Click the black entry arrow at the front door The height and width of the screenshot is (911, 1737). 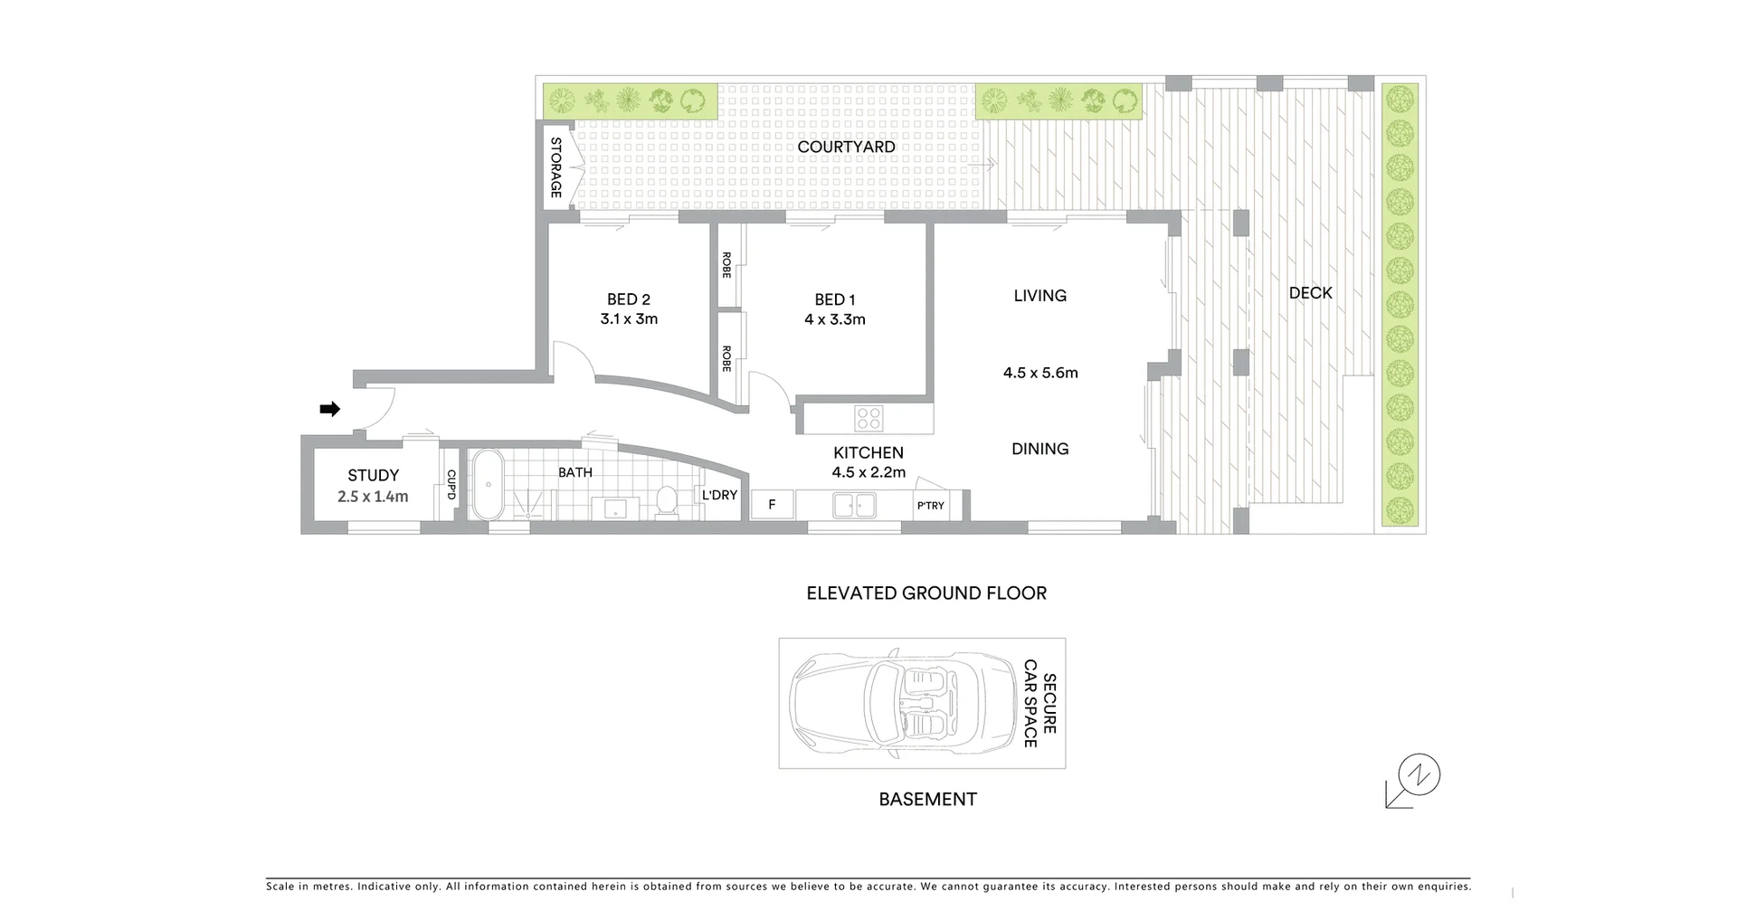(330, 409)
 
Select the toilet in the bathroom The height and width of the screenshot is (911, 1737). (667, 501)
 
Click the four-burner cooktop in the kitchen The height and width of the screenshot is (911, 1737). (869, 418)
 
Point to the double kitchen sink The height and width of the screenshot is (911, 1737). (854, 505)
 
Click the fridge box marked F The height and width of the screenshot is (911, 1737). (772, 505)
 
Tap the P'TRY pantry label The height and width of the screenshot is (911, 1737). (930, 506)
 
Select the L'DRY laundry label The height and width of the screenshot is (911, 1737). (719, 495)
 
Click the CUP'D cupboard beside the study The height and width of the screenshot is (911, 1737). (450, 484)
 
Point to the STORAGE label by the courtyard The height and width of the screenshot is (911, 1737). (555, 168)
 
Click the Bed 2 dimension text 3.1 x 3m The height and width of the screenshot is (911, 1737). (629, 319)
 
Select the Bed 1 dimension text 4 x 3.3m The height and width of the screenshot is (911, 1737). (835, 319)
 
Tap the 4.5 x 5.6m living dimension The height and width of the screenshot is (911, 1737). (1040, 373)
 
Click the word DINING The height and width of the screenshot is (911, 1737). (1040, 449)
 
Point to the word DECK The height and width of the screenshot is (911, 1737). (1310, 293)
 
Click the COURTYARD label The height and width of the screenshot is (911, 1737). (846, 147)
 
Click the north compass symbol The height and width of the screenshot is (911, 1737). (1418, 776)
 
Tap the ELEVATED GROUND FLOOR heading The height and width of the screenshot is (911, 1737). (926, 593)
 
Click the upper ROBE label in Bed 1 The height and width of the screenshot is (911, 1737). (726, 264)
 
